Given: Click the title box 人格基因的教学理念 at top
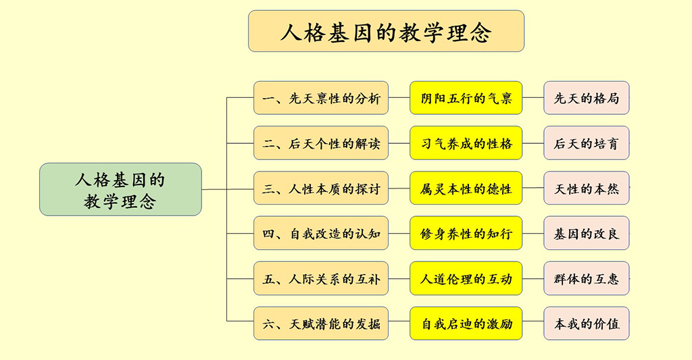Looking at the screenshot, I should [386, 31].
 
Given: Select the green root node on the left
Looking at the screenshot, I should [120, 189].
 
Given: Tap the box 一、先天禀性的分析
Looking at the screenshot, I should [321, 98].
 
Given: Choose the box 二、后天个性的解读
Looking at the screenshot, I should [321, 143].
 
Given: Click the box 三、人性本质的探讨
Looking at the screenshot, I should [321, 188].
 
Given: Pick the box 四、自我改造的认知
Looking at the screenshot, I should [321, 234].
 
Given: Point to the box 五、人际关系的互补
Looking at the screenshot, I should [321, 278].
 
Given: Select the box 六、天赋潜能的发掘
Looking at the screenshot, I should [321, 324].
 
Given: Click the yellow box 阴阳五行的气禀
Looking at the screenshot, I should [466, 98].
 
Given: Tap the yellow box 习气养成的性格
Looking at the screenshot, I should [466, 143].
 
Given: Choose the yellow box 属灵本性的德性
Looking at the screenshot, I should [466, 188].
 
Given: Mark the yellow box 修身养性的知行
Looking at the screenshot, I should [466, 234].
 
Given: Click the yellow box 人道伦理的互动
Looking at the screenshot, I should [466, 278].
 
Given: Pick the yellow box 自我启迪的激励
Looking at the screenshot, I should [466, 324].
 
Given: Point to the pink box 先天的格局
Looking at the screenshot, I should [586, 98].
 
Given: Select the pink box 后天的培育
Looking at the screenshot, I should [586, 143].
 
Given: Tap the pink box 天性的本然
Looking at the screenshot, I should [586, 188].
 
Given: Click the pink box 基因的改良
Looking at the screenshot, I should [586, 234].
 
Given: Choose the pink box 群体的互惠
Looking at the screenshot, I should [586, 278].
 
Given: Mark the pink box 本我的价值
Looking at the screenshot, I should [586, 324].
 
